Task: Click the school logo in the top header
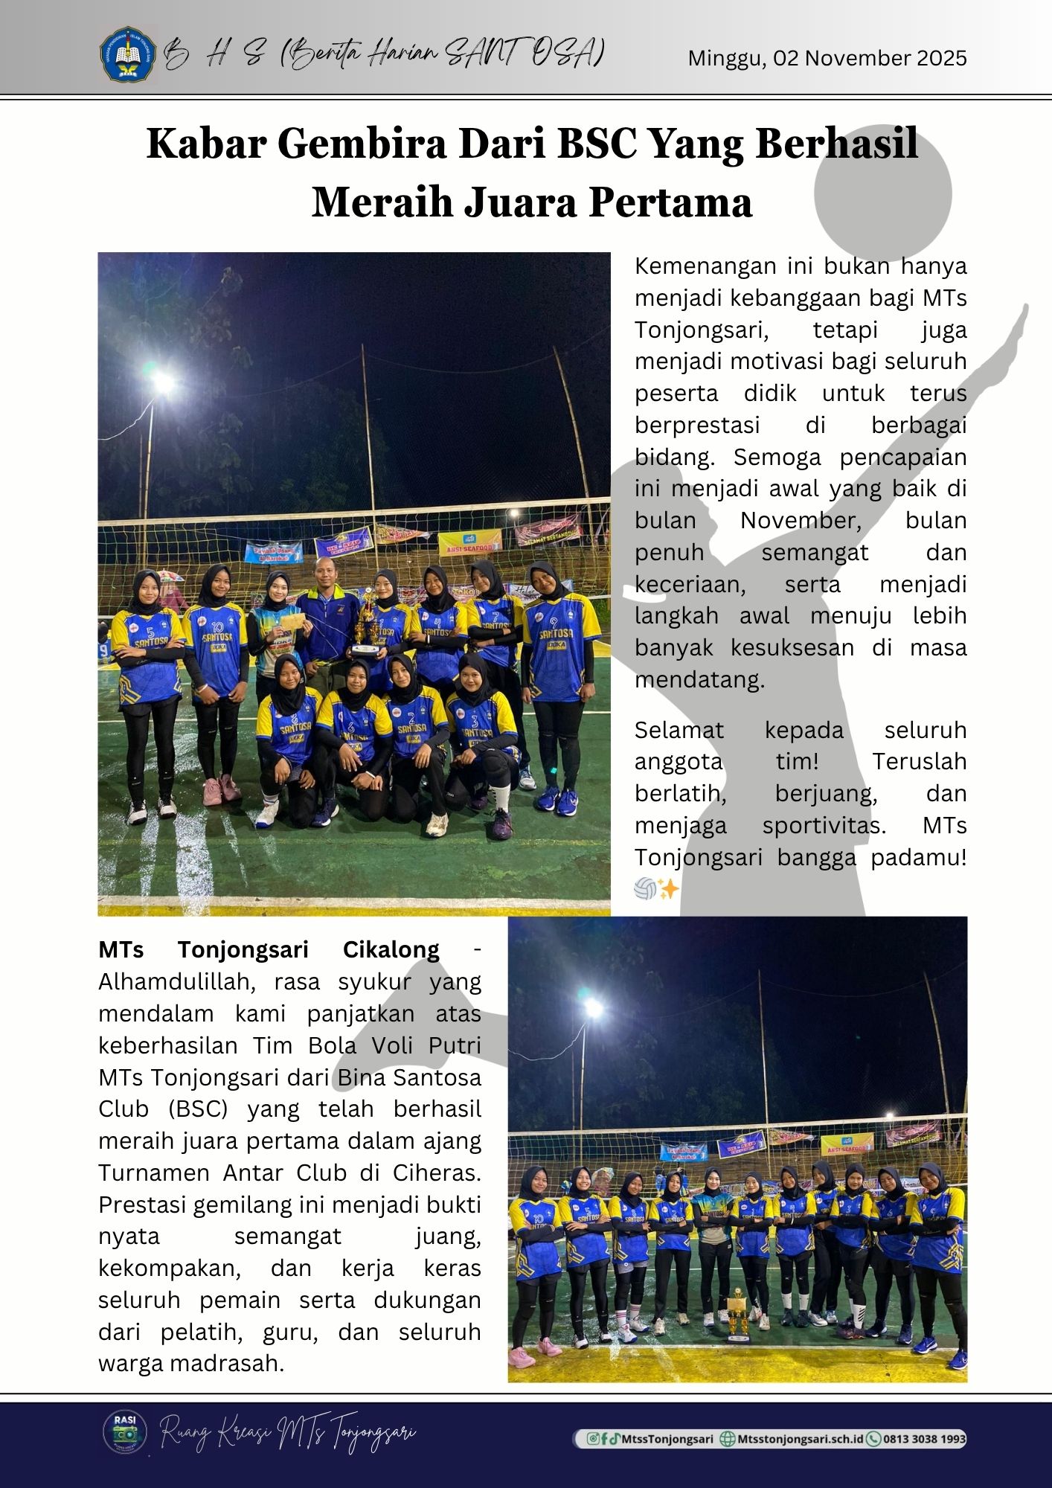coord(128,54)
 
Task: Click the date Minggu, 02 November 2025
coord(827,58)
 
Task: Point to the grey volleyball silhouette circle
coord(882,192)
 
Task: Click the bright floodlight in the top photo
coord(160,383)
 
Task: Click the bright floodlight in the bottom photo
coord(593,1008)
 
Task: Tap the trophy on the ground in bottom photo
coord(736,1317)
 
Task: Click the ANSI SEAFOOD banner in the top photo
coord(469,543)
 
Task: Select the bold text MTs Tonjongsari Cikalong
coord(269,950)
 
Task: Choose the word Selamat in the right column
coord(679,730)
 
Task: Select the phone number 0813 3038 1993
coord(923,1438)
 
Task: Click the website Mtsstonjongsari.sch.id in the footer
coord(800,1438)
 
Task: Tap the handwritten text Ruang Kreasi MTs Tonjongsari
coord(289,1431)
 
